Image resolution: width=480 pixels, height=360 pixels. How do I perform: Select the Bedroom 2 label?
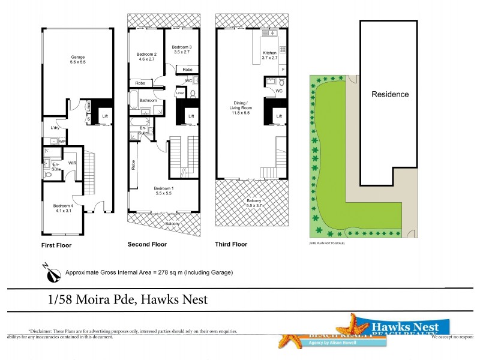146,56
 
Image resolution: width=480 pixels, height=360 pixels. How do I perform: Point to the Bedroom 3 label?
181,50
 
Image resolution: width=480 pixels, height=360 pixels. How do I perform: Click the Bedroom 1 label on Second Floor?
164,191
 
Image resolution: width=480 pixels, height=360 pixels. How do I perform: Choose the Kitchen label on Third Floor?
269,56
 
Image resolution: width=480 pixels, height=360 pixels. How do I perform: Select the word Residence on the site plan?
390,94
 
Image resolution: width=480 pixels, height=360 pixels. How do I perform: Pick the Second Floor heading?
147,245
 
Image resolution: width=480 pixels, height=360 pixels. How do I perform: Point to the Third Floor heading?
231,245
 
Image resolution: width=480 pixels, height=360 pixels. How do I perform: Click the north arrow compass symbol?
53,273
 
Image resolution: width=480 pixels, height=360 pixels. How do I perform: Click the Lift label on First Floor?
105,116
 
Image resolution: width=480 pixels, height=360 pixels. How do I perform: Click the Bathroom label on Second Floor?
148,100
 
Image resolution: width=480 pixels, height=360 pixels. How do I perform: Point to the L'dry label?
55,128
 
